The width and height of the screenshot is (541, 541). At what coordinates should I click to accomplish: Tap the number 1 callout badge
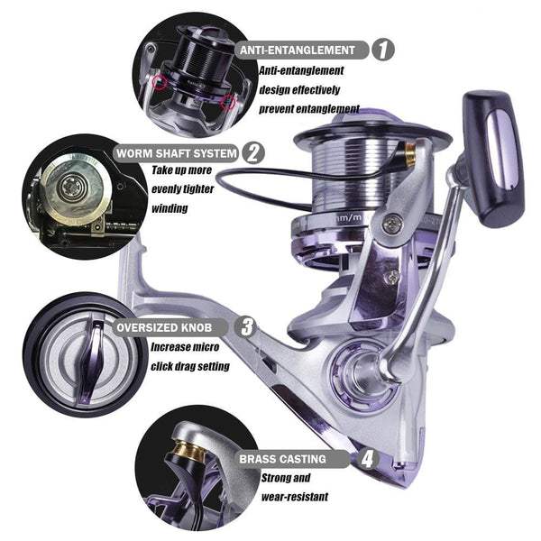(383, 50)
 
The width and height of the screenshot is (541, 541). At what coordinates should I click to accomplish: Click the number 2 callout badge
(255, 152)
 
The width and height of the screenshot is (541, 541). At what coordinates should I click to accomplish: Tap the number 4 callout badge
(367, 458)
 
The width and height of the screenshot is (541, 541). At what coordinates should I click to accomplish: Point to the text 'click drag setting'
(189, 366)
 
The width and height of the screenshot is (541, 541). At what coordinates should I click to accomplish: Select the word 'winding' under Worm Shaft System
(170, 208)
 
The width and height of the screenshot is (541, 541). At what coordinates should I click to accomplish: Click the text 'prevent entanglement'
(309, 109)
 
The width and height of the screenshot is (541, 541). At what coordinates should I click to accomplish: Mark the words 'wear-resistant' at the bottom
(295, 497)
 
